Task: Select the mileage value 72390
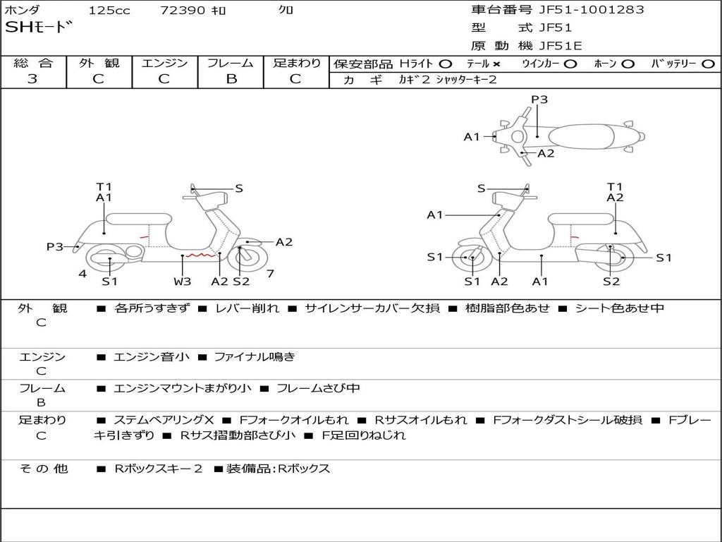click(183, 11)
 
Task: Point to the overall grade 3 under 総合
click(32, 79)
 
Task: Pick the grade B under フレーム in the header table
click(231, 79)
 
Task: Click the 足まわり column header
click(297, 63)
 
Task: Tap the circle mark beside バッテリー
click(708, 64)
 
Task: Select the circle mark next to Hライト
click(445, 64)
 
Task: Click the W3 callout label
click(183, 282)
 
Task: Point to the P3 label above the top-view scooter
click(539, 100)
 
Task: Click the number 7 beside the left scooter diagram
click(270, 273)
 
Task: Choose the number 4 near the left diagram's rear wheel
click(82, 273)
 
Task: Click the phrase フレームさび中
click(318, 388)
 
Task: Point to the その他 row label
click(43, 469)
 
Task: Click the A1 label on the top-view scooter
click(472, 137)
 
